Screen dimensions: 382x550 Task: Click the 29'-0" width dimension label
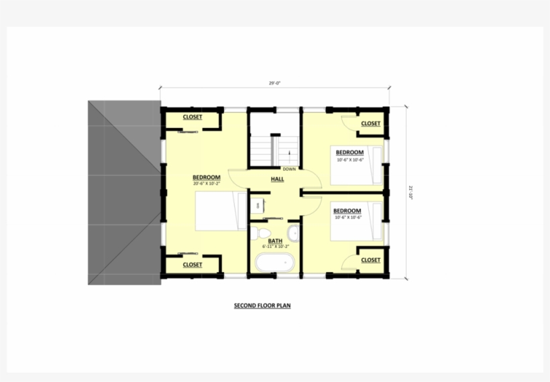(x=274, y=84)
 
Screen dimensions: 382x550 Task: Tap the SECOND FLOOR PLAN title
(x=262, y=306)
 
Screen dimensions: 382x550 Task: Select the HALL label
(x=277, y=179)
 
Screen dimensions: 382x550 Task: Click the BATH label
(x=275, y=241)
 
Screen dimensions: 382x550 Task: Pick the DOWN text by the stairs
(x=289, y=169)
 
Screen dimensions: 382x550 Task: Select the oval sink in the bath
(x=293, y=233)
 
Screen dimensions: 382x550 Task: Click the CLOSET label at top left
(x=192, y=117)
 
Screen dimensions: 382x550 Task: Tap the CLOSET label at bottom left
(x=192, y=265)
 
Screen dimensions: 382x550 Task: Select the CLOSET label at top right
(x=370, y=123)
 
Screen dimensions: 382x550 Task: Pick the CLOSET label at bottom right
(x=370, y=260)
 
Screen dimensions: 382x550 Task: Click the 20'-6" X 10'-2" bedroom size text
(x=207, y=183)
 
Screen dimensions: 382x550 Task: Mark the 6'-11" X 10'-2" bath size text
(x=276, y=247)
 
